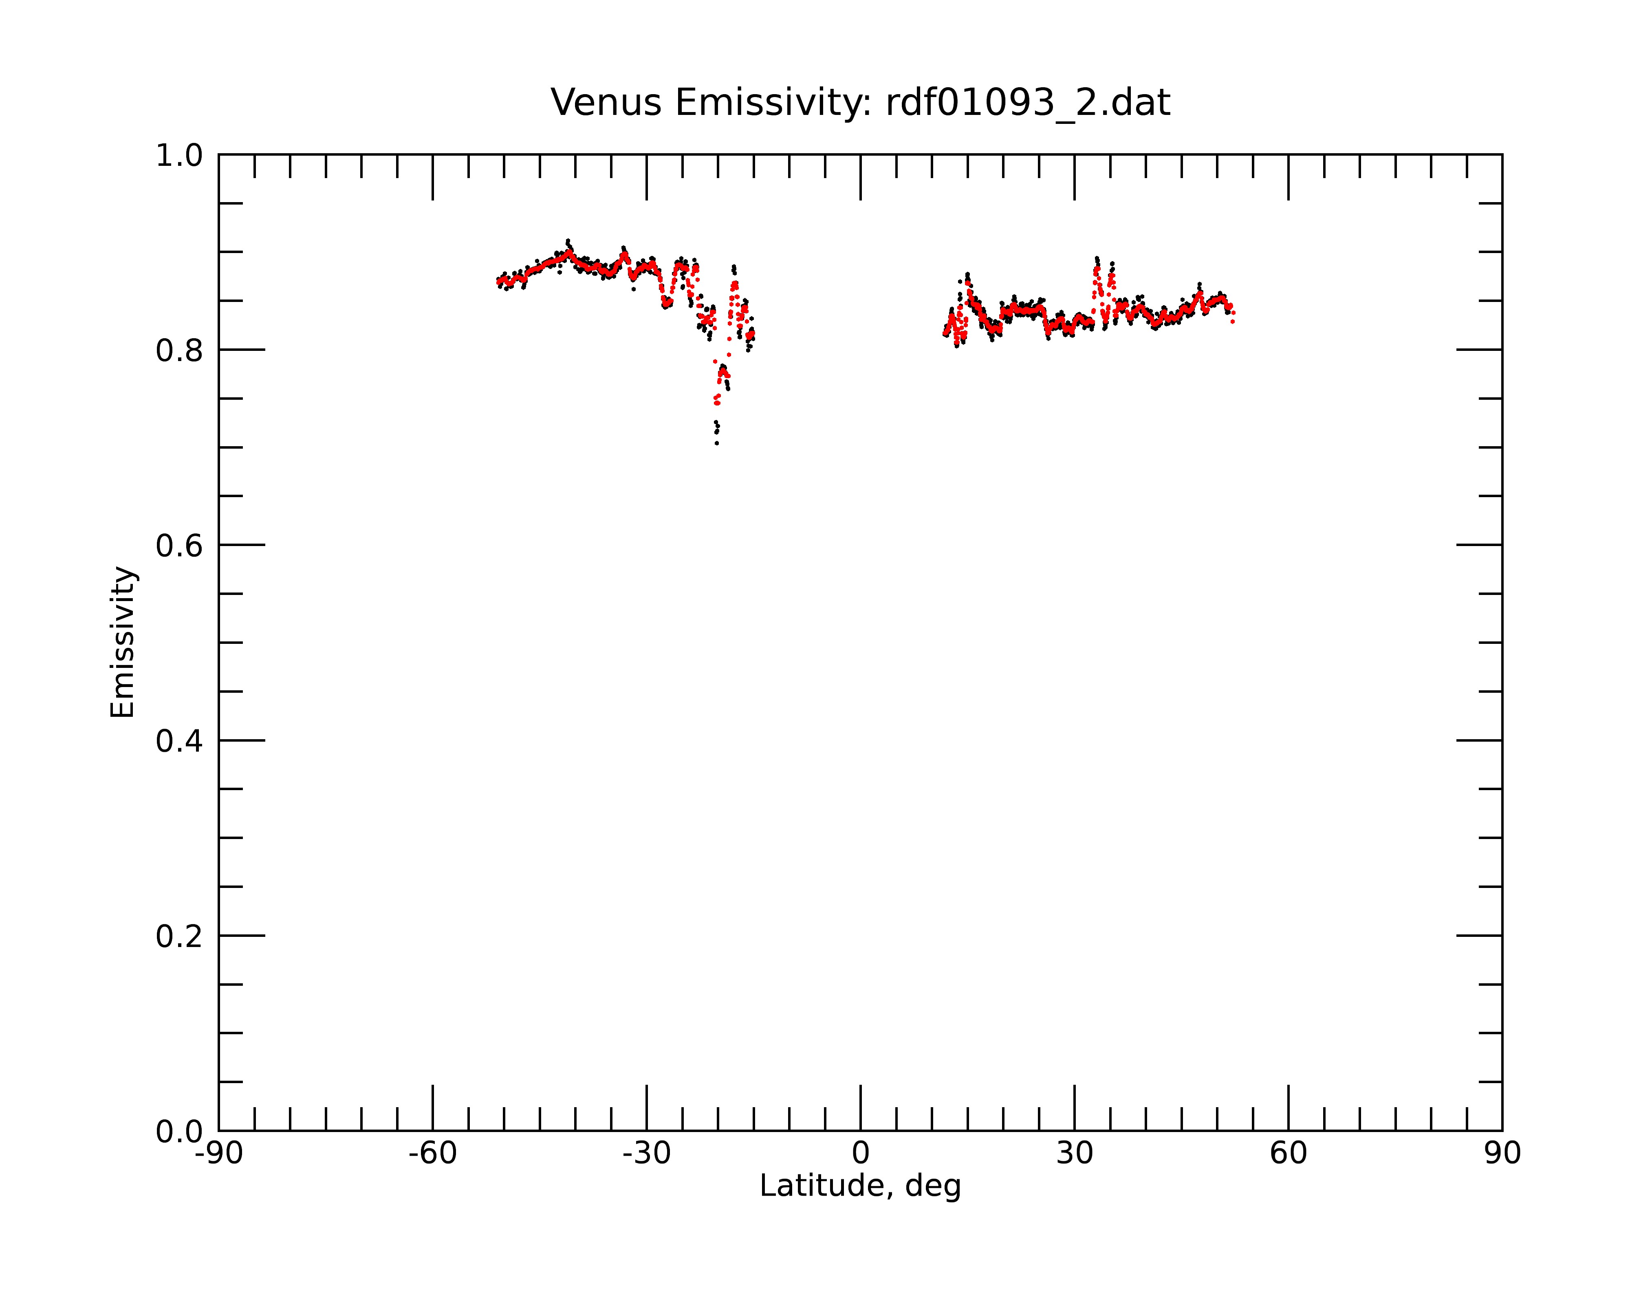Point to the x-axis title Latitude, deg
pos(860,1186)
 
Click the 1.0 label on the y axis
pos(179,156)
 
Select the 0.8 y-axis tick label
pos(179,351)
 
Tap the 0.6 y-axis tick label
pos(179,546)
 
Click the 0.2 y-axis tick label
pos(179,936)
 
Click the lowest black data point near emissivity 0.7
pos(717,443)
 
